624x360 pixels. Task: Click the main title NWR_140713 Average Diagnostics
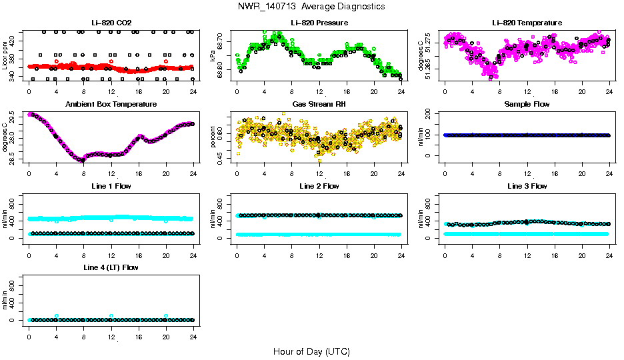[311, 7]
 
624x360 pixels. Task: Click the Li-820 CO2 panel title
[111, 23]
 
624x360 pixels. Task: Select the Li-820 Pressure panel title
[319, 23]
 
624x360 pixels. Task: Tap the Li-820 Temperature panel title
[527, 23]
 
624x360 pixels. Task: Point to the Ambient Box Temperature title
[111, 105]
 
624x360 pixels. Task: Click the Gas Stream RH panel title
[319, 105]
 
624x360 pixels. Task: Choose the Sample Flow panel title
[527, 105]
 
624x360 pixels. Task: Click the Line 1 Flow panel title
[111, 186]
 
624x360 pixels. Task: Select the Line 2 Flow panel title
[319, 186]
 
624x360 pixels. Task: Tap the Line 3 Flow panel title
[527, 186]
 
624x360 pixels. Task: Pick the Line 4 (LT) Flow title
[111, 267]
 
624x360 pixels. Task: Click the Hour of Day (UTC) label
[311, 351]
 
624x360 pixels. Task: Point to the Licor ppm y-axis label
[5, 55]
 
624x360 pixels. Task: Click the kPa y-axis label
[213, 56]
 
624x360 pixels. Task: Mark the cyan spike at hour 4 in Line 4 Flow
[57, 316]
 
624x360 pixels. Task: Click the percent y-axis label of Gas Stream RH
[213, 137]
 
